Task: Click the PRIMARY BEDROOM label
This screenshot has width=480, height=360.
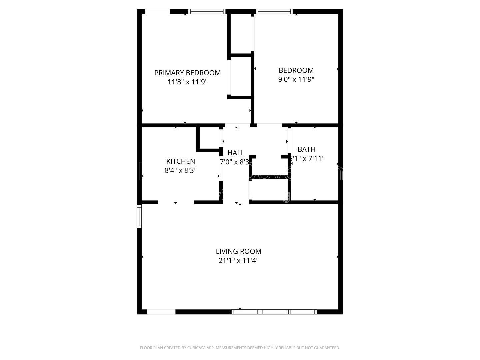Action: (187, 73)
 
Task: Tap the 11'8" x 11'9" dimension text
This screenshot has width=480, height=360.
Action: (187, 82)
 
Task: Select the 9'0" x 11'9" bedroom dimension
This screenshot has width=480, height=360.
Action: (296, 79)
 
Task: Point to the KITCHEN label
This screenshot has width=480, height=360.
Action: (181, 161)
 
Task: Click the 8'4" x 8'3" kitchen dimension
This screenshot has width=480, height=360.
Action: (181, 170)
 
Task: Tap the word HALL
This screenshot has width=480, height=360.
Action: (236, 153)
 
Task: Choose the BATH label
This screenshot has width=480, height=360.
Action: (306, 149)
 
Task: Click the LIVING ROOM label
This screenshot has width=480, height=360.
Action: (239, 251)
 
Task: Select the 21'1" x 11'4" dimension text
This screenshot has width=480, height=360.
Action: (239, 260)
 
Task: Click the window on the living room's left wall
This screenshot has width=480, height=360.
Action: (139, 217)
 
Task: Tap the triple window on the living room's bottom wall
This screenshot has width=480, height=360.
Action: (274, 312)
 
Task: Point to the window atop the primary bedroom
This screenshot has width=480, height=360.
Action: (207, 12)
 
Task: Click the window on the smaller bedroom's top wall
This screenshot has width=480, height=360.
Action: (274, 12)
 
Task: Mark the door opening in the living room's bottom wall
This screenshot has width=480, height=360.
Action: (161, 312)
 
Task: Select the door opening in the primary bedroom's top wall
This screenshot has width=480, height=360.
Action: (158, 12)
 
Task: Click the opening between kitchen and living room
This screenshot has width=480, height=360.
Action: (176, 202)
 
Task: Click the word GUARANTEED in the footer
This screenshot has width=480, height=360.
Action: (327, 348)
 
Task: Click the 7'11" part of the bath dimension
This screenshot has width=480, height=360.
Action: (316, 159)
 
